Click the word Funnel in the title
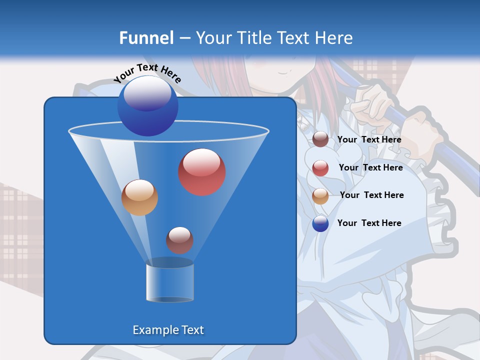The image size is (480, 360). click(146, 38)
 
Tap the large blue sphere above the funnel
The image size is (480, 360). click(147, 105)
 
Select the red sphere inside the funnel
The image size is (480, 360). click(201, 172)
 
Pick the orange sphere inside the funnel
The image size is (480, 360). click(139, 197)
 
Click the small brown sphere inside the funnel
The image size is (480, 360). click(179, 240)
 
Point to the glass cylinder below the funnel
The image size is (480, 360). click(170, 280)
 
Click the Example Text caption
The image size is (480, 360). click(168, 330)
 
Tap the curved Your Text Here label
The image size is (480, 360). click(147, 73)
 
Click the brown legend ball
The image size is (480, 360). click(320, 139)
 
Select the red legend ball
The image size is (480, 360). click(320, 168)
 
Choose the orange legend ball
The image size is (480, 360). click(320, 196)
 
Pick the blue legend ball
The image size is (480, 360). click(320, 223)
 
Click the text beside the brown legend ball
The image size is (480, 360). click(369, 140)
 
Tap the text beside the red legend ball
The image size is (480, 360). click(370, 168)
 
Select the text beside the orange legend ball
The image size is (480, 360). click(371, 195)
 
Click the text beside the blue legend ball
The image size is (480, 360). click(369, 223)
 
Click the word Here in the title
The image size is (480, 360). click(334, 38)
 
